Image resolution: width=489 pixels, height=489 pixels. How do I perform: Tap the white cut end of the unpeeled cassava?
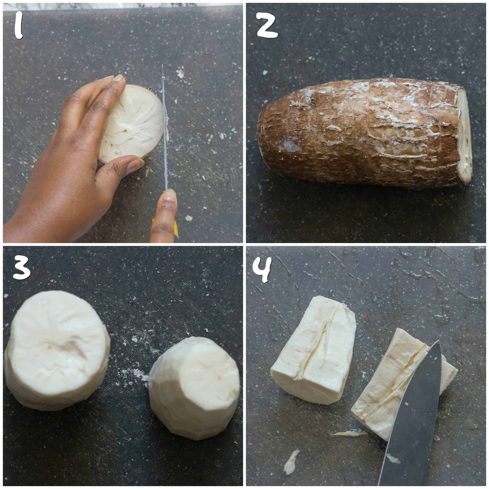pos(464,138)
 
